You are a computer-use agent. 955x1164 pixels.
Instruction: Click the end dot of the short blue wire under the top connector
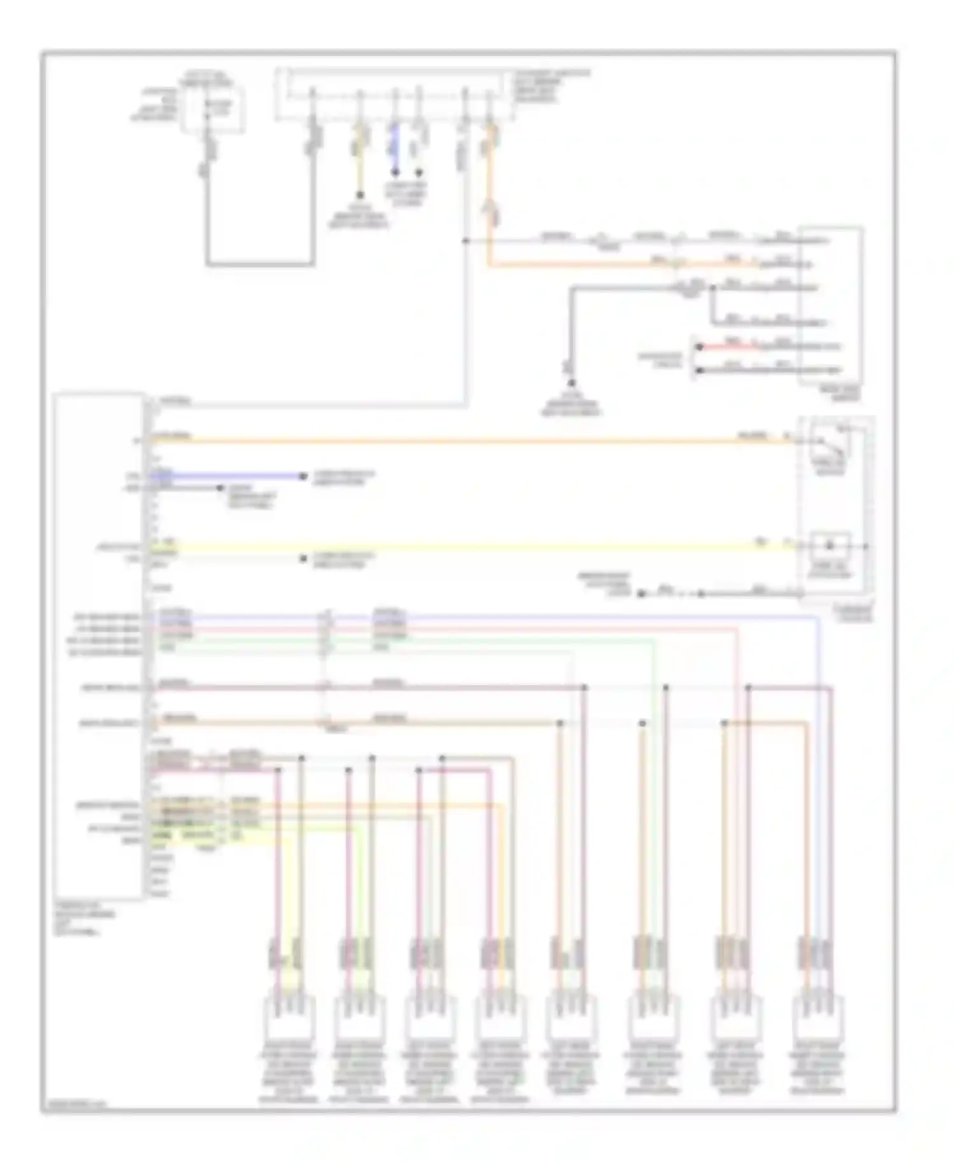coord(395,173)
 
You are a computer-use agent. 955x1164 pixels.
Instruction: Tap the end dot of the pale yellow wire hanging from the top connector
coord(360,195)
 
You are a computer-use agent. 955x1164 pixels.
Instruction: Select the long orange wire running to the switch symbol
coord(446,440)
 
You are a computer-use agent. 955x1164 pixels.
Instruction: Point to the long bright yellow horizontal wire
coord(446,546)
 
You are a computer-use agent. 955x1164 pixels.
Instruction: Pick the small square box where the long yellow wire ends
coord(830,546)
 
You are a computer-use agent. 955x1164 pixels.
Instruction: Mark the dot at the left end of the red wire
coord(698,347)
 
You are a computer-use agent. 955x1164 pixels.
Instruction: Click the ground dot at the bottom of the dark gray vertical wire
coord(572,383)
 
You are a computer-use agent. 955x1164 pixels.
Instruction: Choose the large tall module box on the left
coord(99,646)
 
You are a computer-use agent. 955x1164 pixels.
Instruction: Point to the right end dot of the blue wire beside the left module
coord(304,476)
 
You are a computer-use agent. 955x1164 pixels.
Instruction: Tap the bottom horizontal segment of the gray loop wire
coord(260,264)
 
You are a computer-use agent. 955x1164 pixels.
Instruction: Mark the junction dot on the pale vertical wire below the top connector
coord(465,241)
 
